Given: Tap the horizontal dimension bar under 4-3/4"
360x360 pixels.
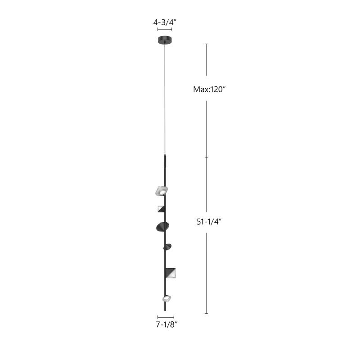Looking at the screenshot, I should tap(165, 29).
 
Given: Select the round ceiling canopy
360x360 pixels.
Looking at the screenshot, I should tap(165, 40).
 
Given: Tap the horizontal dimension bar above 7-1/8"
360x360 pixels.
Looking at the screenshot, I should tap(166, 318).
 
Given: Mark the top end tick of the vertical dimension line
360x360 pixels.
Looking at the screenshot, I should tap(207, 44).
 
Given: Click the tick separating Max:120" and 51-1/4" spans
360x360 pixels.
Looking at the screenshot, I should tap(207, 157).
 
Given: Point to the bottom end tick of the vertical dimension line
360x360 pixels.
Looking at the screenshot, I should tap(207, 313).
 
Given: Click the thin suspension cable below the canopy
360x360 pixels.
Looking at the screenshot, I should tap(166, 99).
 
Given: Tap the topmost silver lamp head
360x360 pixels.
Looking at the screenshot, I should tap(161, 191).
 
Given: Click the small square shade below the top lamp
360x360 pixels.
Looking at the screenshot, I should tap(161, 208).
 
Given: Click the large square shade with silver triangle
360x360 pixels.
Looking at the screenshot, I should tap(171, 273).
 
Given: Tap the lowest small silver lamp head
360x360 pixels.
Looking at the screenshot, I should tap(166, 298).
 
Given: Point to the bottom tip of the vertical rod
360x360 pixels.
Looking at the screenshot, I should tap(166, 311).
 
